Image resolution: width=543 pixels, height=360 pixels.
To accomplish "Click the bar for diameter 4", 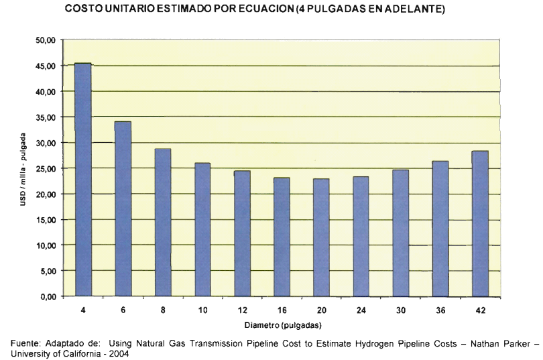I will pyautogui.click(x=83, y=180).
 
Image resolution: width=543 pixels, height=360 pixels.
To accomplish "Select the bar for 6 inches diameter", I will pyautogui.click(x=123, y=208).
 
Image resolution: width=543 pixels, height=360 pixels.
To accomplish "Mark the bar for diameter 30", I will pyautogui.click(x=400, y=233).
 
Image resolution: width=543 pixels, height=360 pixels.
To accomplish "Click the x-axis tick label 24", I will pyautogui.click(x=361, y=311).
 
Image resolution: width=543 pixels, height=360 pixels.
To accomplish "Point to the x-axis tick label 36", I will pyautogui.click(x=440, y=311).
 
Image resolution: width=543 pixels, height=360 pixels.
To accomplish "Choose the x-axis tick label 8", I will pyautogui.click(x=162, y=311).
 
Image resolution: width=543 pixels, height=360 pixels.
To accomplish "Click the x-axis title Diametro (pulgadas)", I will pyautogui.click(x=283, y=326).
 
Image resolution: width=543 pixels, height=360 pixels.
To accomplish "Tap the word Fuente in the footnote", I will pyautogui.click(x=25, y=344).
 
